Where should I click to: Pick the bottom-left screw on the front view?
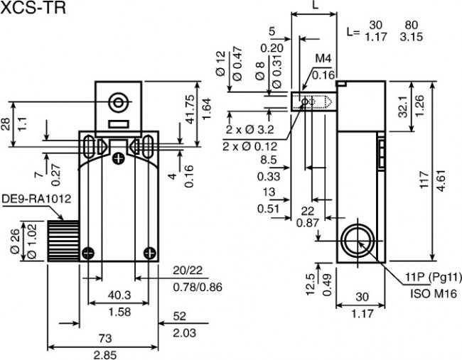coord(88,253)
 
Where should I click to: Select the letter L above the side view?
coord(316,5)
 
